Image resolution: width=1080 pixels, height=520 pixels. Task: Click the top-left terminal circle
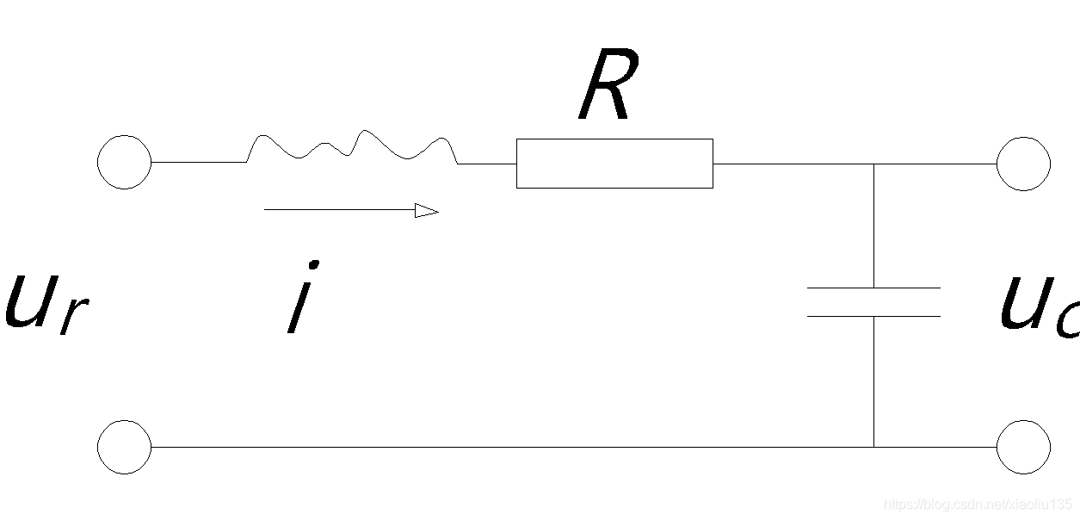125,162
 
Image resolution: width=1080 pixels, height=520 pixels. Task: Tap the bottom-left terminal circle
125,447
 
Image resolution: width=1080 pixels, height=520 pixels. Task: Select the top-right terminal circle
1023,163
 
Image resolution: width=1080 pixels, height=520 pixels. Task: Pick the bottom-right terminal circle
1023,447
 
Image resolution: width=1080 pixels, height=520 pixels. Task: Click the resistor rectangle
614,163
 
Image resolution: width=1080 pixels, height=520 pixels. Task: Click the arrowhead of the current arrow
426,210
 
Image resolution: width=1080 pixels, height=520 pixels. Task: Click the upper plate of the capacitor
873,288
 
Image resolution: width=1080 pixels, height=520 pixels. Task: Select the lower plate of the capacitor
873,316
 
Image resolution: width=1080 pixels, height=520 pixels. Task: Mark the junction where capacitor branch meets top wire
873,163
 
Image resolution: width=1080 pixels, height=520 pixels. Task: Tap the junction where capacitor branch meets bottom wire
873,447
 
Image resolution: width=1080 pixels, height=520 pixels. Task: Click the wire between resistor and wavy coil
487,163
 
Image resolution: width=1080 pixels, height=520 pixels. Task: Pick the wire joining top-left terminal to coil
199,162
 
